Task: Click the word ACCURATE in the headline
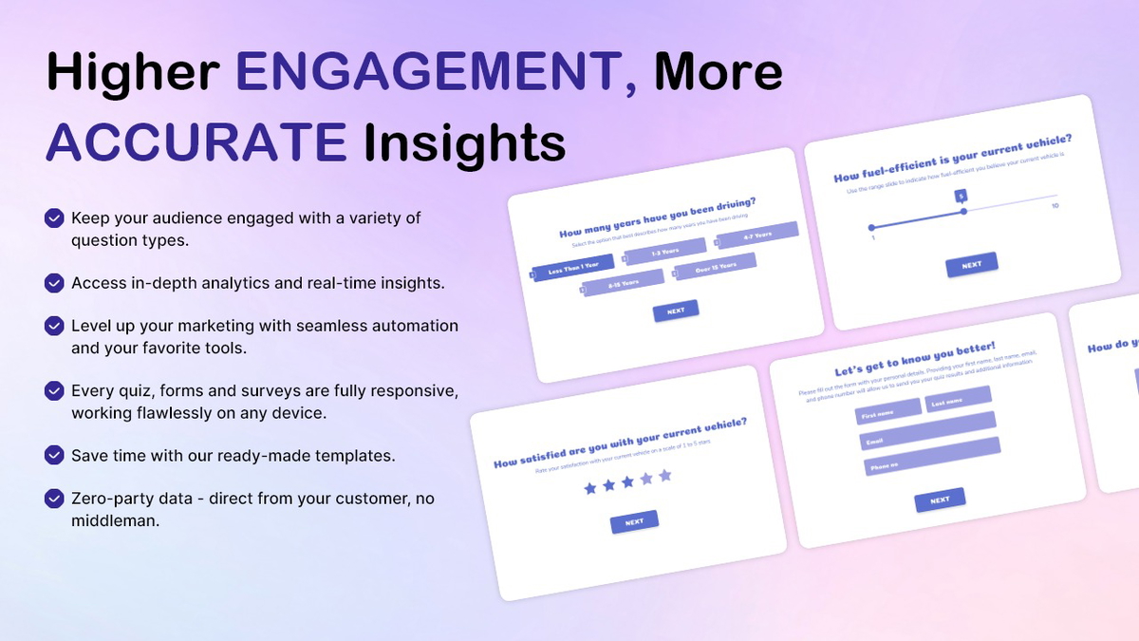[196, 141]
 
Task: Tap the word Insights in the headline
[465, 141]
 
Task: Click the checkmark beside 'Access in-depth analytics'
[55, 283]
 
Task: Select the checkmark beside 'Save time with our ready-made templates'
[55, 455]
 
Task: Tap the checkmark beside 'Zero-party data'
[55, 499]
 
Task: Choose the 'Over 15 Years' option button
[715, 267]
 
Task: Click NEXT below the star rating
[634, 521]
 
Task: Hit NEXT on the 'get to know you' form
[939, 500]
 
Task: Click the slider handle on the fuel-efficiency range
[963, 212]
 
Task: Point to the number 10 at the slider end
[1055, 206]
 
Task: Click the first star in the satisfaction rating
[590, 488]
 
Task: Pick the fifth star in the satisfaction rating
[664, 475]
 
